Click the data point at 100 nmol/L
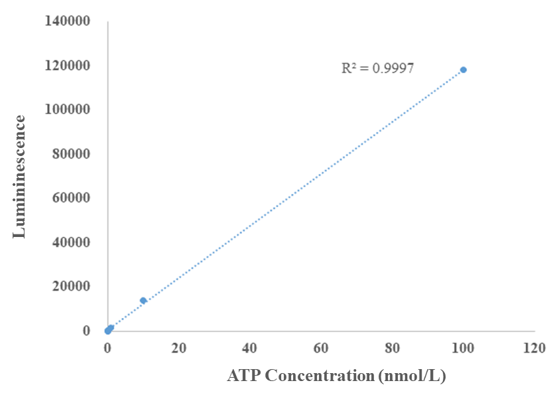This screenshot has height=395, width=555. click(463, 70)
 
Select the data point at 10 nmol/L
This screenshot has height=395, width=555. click(143, 301)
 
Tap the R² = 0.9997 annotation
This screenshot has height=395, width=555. click(377, 68)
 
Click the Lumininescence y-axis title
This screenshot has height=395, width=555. click(20, 177)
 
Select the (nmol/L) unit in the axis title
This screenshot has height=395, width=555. click(412, 376)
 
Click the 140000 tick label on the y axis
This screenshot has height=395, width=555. click(68, 22)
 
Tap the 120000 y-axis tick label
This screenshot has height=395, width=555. click(68, 66)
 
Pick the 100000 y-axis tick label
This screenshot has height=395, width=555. click(68, 110)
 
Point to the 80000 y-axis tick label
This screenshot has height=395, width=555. click(72, 154)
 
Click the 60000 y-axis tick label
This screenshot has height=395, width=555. click(72, 198)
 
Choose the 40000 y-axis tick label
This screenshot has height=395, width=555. click(72, 242)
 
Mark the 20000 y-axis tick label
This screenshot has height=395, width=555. click(72, 286)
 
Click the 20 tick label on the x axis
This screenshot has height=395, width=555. click(178, 347)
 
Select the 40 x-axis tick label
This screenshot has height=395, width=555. click(249, 347)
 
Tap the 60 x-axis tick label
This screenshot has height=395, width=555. click(321, 347)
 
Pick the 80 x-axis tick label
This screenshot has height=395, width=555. click(392, 347)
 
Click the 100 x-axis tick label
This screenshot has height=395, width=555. click(463, 347)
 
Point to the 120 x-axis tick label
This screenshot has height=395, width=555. click(534, 347)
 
